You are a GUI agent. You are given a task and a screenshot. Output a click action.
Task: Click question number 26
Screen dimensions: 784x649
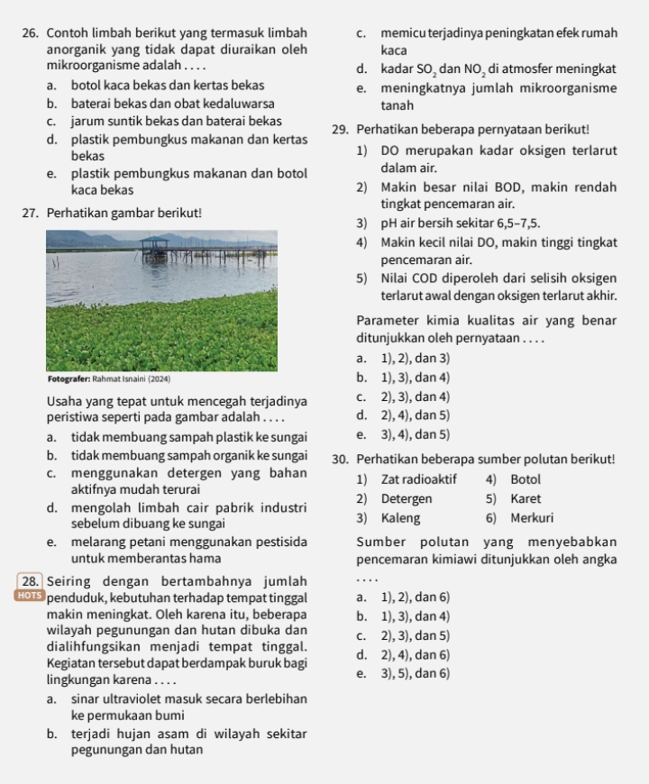(x=32, y=33)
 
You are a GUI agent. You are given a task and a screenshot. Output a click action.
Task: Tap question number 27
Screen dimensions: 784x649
(x=32, y=213)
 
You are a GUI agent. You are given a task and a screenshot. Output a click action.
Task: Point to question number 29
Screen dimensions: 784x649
(x=342, y=129)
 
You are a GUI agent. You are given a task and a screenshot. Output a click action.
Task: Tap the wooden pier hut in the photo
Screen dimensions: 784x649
(x=154, y=244)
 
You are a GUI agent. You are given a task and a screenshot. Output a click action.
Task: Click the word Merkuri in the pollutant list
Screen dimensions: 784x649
(x=532, y=519)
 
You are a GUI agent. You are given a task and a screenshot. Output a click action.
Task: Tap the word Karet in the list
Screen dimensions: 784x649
(x=526, y=499)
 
